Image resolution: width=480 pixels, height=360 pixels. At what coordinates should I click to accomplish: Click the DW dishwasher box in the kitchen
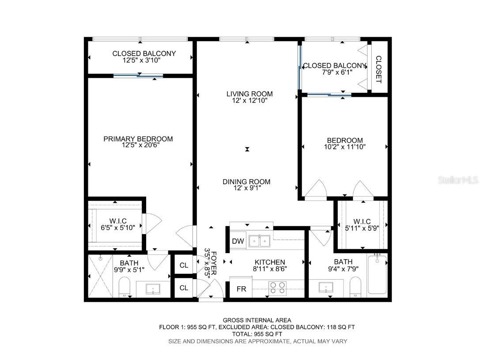point(238,241)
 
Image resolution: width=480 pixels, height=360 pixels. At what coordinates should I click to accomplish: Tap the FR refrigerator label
point(241,289)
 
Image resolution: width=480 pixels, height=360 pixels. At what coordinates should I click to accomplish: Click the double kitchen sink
point(260,241)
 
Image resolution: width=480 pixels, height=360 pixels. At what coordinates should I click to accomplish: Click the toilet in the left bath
point(125,287)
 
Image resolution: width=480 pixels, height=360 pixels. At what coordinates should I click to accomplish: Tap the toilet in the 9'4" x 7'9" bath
point(355,287)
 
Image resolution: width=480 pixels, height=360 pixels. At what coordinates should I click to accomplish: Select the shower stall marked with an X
point(101,276)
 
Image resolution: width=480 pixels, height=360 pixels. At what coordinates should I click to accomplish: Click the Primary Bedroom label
point(138,139)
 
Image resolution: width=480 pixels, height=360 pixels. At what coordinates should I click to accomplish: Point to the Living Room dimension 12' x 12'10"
point(249,101)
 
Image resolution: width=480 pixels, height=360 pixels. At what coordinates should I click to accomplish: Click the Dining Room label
point(246,182)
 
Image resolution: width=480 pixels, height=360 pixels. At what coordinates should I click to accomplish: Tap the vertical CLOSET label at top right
point(378,69)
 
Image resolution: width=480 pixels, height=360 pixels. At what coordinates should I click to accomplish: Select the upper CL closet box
point(184,266)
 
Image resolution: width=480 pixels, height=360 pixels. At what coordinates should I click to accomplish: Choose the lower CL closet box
point(184,288)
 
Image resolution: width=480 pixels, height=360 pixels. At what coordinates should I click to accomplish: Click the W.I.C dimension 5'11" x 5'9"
point(362,228)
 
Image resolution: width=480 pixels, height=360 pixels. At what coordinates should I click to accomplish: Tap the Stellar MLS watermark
point(457,180)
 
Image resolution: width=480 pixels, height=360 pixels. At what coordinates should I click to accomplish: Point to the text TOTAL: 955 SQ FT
point(257,334)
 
